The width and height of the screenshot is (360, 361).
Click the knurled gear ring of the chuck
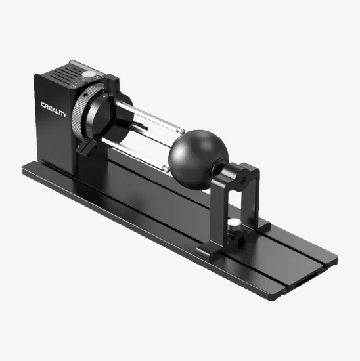click(x=79, y=115)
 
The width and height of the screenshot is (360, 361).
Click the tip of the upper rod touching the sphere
click(x=178, y=131)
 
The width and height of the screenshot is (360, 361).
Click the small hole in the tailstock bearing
click(x=248, y=176)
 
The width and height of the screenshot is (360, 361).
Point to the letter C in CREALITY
click(x=43, y=106)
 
